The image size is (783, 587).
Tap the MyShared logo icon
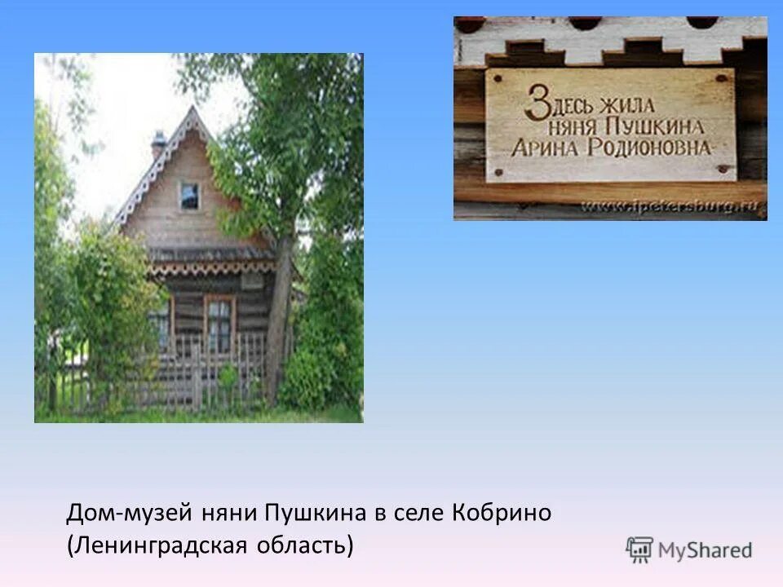point(639,550)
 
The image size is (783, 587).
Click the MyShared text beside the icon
point(706,551)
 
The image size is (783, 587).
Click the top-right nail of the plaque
point(722,78)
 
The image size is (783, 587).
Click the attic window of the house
point(189,196)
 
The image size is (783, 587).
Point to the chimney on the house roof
point(158,143)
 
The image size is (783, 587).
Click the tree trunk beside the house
point(278,326)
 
